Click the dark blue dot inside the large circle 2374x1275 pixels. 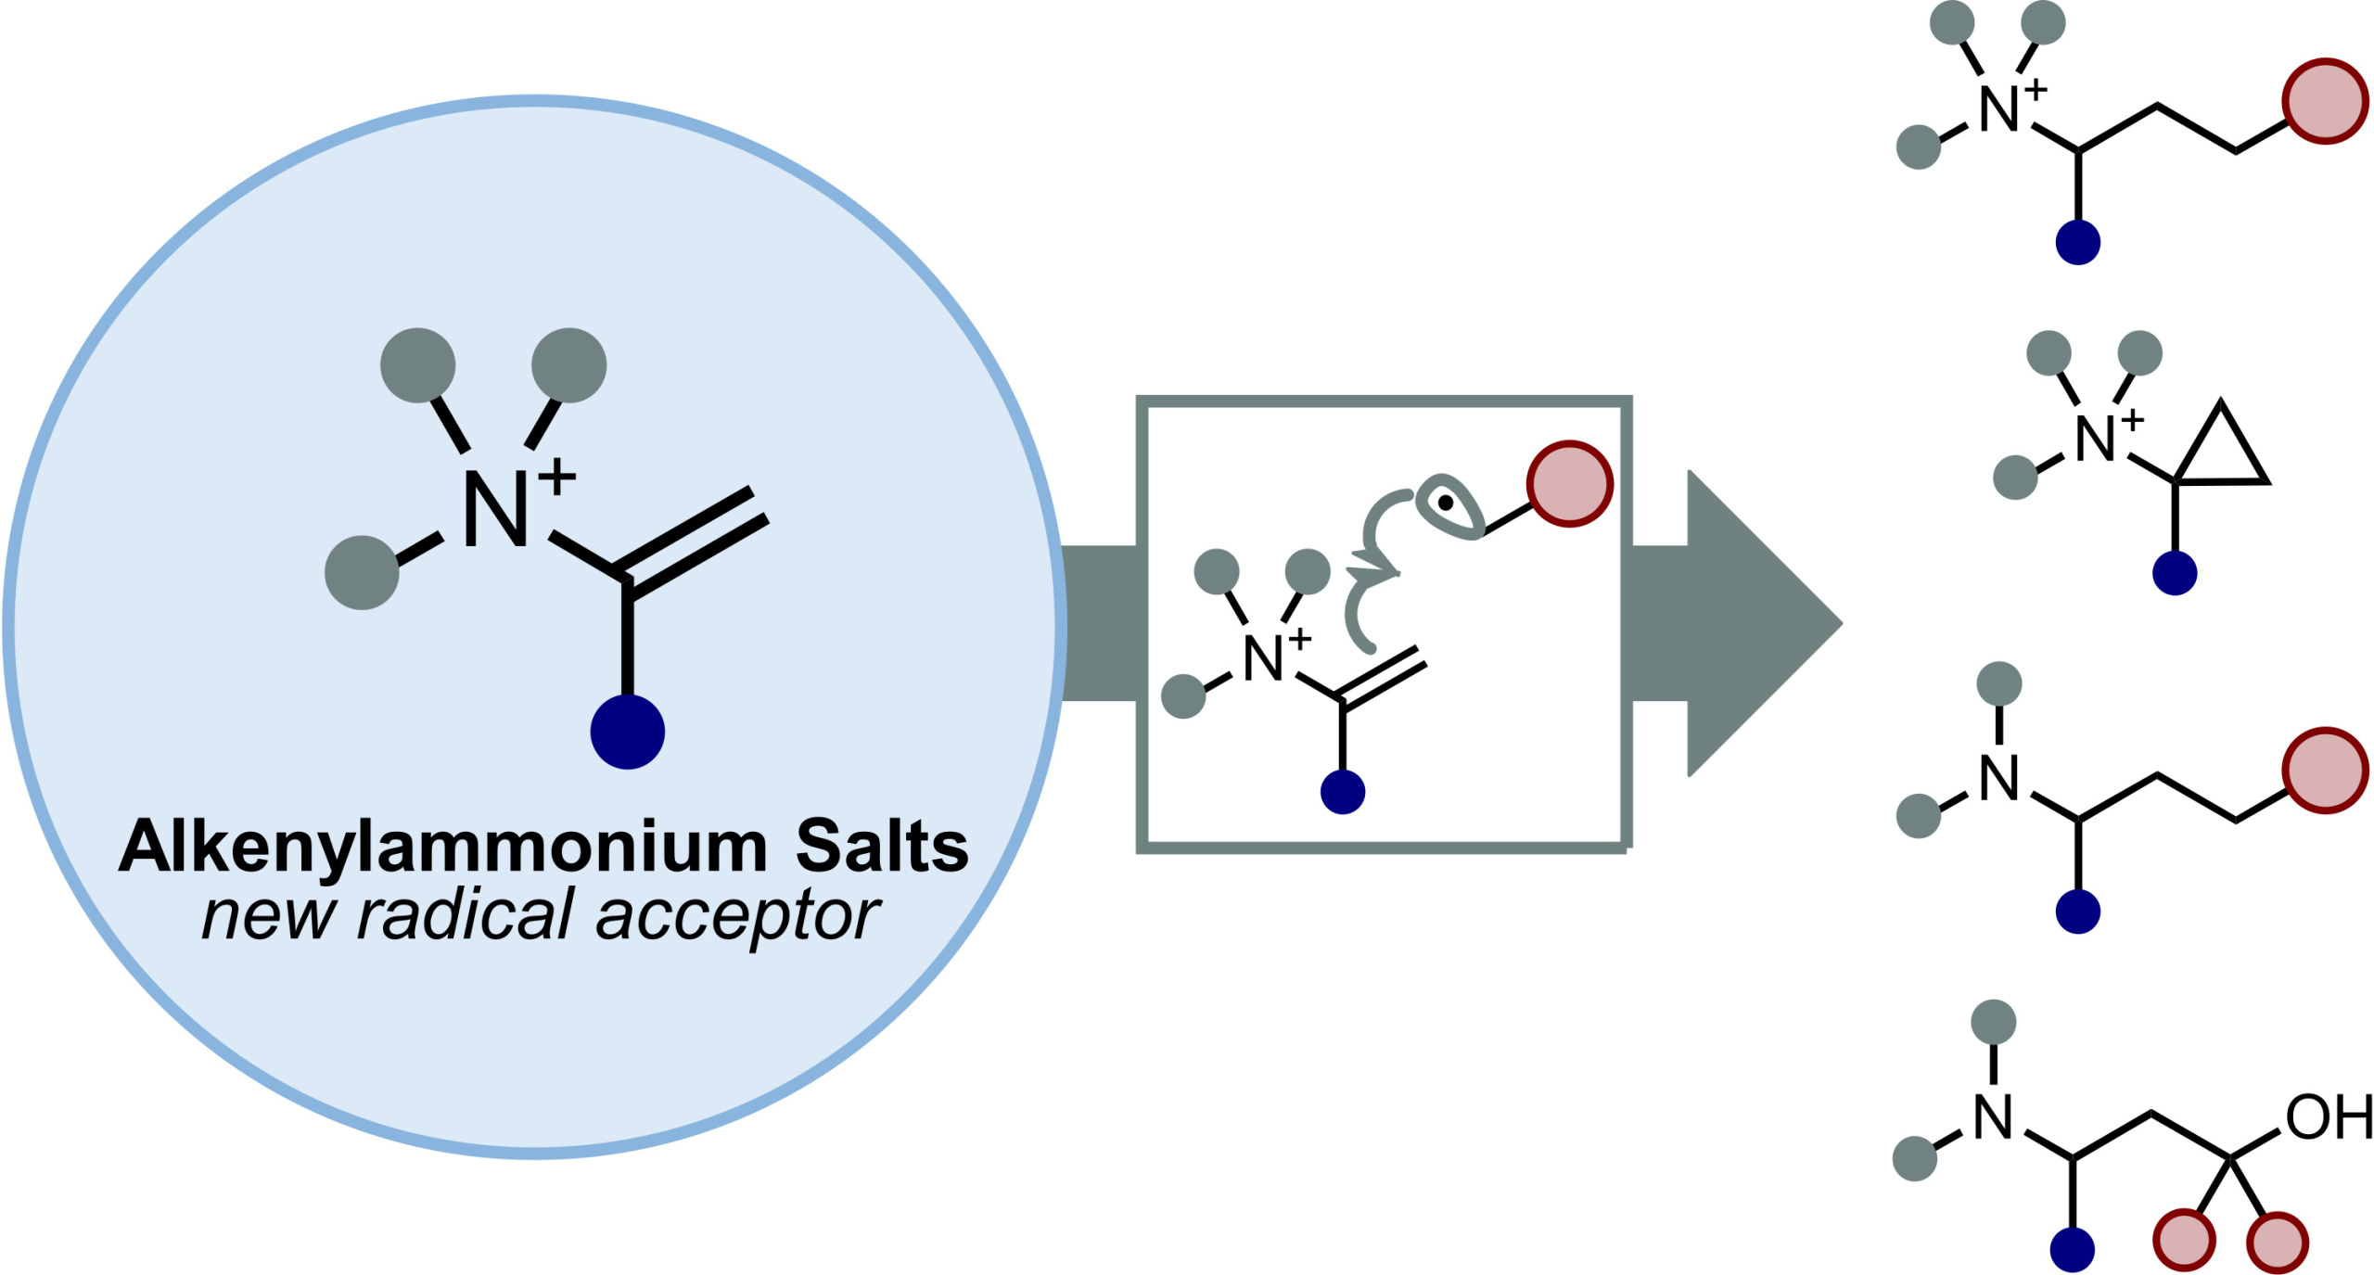628,732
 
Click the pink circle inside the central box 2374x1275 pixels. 1570,484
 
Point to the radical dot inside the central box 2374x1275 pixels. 1446,503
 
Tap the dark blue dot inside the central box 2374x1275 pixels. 1343,792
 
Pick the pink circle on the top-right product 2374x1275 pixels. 2325,102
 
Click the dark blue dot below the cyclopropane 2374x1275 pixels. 2175,573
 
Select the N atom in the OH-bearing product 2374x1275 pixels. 1993,1116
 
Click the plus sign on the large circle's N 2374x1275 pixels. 556,478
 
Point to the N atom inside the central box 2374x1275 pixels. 1262,658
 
